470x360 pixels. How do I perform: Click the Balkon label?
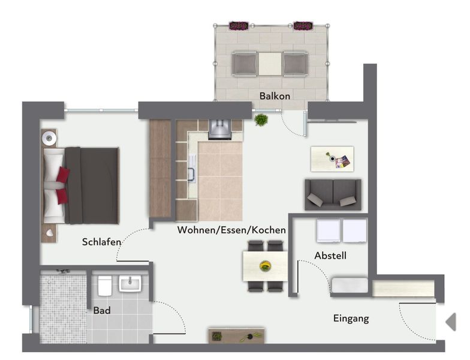click(x=275, y=96)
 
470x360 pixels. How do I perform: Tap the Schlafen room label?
click(x=102, y=242)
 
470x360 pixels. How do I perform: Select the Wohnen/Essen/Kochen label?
click(x=231, y=230)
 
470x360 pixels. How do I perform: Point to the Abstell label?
click(x=330, y=256)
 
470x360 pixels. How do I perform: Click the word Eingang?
click(x=351, y=318)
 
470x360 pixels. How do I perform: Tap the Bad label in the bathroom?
click(x=102, y=310)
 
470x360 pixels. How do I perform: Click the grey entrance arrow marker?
click(x=451, y=322)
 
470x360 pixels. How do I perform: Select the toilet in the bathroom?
click(x=104, y=286)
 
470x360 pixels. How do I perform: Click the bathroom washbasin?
click(x=130, y=284)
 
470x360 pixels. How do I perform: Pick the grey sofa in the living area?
click(x=333, y=194)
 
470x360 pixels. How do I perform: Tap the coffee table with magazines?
click(x=332, y=159)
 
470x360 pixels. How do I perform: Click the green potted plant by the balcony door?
click(x=261, y=120)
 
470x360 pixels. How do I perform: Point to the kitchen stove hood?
click(x=220, y=130)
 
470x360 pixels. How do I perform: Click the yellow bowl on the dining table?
click(x=265, y=266)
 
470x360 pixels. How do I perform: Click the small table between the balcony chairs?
click(x=270, y=64)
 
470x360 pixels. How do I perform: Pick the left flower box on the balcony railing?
click(x=239, y=26)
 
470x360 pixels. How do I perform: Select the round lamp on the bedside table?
click(x=49, y=138)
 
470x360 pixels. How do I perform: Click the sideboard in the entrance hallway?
click(x=236, y=336)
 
